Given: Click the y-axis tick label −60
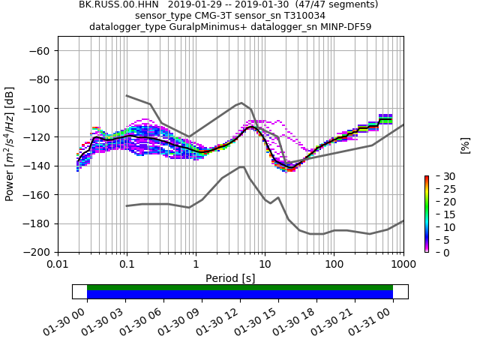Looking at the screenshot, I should [x=39, y=50].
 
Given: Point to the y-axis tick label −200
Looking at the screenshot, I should [x=36, y=252].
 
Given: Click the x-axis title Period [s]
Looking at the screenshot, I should [x=230, y=277].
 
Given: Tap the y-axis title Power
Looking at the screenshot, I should [x=10, y=144].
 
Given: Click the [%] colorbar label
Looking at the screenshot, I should [x=465, y=145].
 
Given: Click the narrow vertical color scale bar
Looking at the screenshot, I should [x=426, y=214].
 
